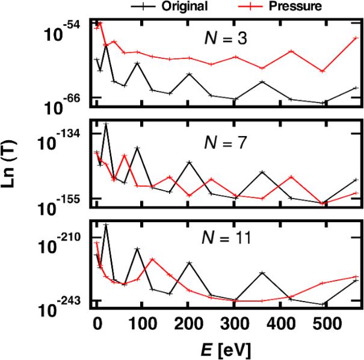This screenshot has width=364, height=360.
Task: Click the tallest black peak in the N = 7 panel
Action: (106, 124)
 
